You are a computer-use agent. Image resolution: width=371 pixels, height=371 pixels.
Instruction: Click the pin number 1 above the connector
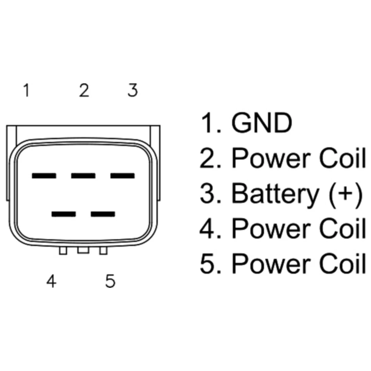pyautogui.click(x=26, y=90)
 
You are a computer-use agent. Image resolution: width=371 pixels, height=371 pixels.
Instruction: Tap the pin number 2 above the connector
pyautogui.click(x=84, y=90)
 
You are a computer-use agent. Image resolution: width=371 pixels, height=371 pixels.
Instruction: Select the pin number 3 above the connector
pyautogui.click(x=132, y=90)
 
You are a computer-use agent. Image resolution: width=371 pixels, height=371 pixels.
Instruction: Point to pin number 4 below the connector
pyautogui.click(x=52, y=281)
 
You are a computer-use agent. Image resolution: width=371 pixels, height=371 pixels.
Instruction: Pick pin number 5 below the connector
pyautogui.click(x=110, y=281)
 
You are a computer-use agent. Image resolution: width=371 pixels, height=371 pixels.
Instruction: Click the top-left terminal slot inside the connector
pyautogui.click(x=44, y=175)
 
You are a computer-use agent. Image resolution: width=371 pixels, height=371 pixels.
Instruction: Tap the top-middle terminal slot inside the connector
pyautogui.click(x=83, y=175)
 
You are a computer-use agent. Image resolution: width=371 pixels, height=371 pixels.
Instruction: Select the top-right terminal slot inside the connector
pyautogui.click(x=122, y=175)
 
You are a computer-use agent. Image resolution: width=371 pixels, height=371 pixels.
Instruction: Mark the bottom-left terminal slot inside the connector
pyautogui.click(x=64, y=214)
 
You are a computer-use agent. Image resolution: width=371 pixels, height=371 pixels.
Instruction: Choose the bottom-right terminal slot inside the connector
pyautogui.click(x=103, y=214)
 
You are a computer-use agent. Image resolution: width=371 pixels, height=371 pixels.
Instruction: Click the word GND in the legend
pyautogui.click(x=262, y=124)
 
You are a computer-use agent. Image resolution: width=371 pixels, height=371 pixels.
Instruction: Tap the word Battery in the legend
pyautogui.click(x=275, y=194)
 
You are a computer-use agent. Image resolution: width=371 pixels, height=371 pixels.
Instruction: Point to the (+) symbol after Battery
pyautogui.click(x=345, y=194)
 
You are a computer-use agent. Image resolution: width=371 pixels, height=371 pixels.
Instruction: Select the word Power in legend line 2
pyautogui.click(x=272, y=159)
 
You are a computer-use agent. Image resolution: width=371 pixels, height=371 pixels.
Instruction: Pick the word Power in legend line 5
pyautogui.click(x=272, y=264)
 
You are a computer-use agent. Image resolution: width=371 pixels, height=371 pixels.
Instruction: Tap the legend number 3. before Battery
pyautogui.click(x=211, y=194)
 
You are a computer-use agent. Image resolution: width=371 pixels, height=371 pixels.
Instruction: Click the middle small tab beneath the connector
pyautogui.click(x=83, y=251)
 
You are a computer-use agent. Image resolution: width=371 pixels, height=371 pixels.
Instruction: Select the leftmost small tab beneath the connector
pyautogui.click(x=63, y=251)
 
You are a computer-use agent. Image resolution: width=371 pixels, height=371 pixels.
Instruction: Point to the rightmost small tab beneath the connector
pyautogui.click(x=103, y=251)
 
